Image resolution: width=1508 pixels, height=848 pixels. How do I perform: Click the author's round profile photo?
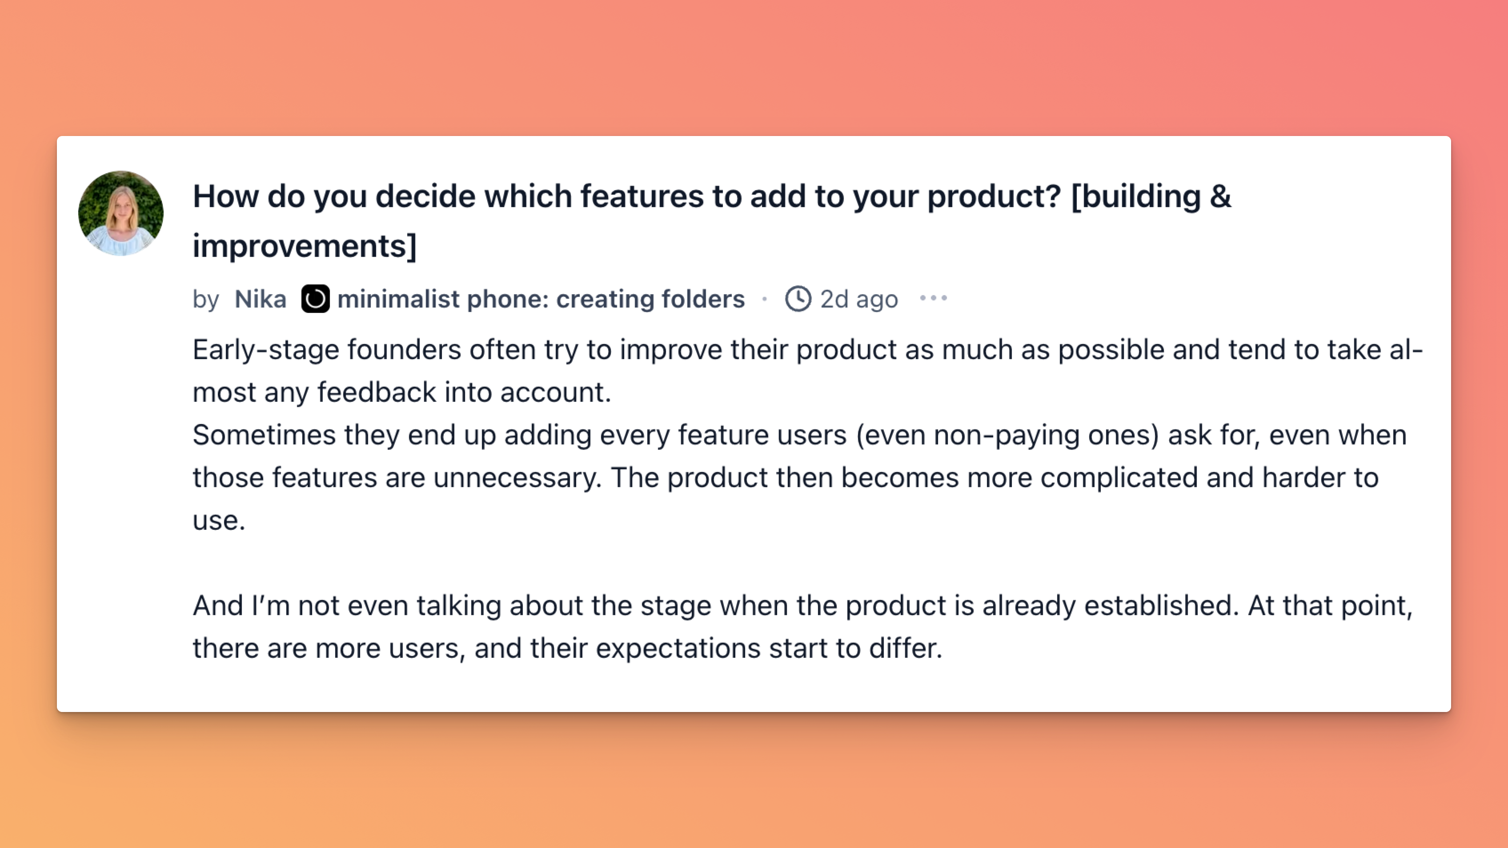click(120, 213)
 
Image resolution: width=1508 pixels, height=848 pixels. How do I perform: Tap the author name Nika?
click(261, 299)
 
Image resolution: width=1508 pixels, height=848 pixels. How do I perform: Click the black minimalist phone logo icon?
click(315, 299)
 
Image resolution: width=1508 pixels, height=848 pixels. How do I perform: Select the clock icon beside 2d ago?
click(798, 299)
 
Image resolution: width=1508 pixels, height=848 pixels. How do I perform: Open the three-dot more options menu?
click(933, 299)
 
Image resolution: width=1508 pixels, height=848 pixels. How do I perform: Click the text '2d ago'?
click(859, 299)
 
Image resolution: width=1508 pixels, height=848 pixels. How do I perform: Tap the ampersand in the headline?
click(1220, 196)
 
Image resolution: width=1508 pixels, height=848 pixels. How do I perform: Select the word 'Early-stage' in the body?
click(266, 350)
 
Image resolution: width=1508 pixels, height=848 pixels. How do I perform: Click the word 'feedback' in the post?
click(377, 392)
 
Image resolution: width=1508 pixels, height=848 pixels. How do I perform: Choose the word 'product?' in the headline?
click(994, 196)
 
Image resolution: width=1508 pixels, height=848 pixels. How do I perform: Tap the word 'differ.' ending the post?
click(905, 648)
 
